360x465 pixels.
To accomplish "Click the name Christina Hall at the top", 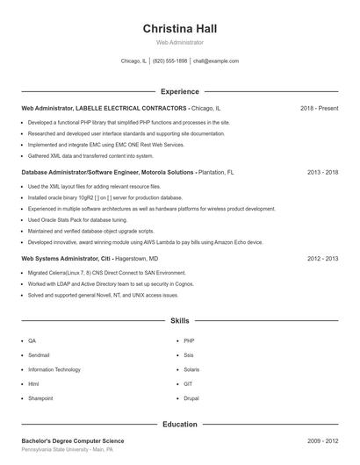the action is pos(179,28).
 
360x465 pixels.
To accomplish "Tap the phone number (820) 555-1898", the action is pos(169,61).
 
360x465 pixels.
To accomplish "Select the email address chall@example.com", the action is pos(216,61).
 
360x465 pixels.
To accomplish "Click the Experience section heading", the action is pos(179,91).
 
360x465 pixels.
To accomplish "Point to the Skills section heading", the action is pos(179,321).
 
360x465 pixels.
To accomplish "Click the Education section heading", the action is pos(179,425).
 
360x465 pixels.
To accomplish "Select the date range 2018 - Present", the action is pos(319,108).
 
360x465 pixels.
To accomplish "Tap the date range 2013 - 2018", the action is pos(322,173).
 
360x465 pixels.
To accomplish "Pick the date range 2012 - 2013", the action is pos(322,259).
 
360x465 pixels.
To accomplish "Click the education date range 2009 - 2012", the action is pos(322,440).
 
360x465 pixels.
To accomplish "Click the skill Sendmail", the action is pos(39,354).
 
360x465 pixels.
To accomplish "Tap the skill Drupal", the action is pos(191,398).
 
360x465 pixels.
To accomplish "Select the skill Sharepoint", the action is pos(40,398).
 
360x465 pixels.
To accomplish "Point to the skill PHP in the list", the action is pos(189,340).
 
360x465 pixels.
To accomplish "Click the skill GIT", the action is pos(188,383).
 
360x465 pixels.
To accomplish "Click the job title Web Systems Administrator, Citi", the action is pos(67,259).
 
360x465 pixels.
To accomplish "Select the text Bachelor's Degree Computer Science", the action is pos(73,440).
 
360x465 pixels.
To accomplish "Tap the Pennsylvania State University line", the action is pos(67,449).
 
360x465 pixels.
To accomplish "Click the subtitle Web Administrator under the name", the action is pos(179,42).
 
